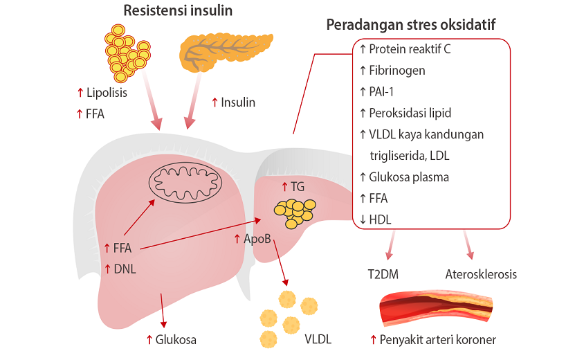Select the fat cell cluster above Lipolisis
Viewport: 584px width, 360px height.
pos(129,51)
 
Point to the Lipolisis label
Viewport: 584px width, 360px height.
pos(102,93)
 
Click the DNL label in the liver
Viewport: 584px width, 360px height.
pos(125,269)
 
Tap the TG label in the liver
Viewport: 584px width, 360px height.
pos(297,186)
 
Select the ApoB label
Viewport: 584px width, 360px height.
pos(256,239)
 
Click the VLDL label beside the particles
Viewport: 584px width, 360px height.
pos(318,339)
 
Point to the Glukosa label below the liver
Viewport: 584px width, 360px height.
pos(176,339)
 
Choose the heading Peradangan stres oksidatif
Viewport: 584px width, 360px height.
pos(410,26)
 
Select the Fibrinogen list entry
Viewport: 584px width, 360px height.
pos(397,71)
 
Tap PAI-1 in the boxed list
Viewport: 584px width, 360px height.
pos(383,91)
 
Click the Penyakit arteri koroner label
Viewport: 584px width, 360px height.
pos(438,339)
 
